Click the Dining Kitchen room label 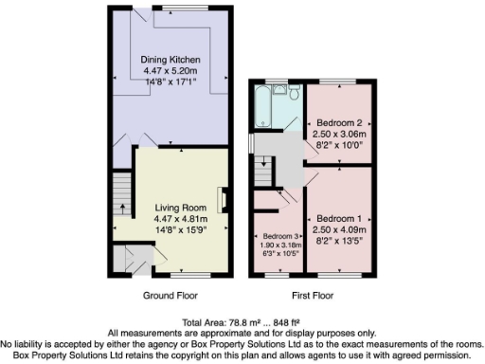pos(171,60)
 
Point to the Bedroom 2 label pos(338,123)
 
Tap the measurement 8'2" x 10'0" pos(338,145)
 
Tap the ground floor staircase pos(120,194)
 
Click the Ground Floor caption pos(171,295)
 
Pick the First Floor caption pos(309,295)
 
